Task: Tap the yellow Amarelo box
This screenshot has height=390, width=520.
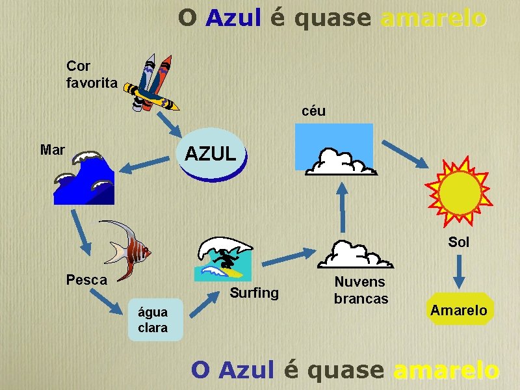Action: [x=458, y=310]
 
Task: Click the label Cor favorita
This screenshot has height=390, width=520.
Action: [x=92, y=75]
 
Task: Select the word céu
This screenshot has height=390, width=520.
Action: [x=313, y=111]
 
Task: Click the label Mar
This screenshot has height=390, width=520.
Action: [x=52, y=150]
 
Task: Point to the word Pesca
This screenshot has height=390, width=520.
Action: [x=86, y=279]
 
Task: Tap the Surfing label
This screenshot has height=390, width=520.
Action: [x=254, y=293]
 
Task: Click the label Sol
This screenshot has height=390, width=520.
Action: [x=458, y=242]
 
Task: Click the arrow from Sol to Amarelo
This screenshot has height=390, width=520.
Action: [x=459, y=272]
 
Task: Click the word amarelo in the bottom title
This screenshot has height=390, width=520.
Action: [x=447, y=370]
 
